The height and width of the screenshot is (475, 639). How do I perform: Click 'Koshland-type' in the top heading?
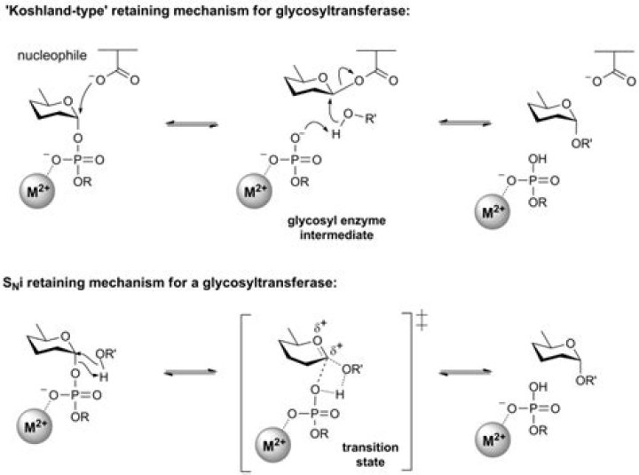(x=46, y=12)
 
